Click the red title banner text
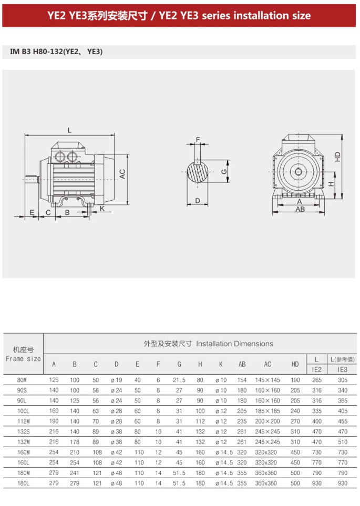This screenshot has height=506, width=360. (179, 15)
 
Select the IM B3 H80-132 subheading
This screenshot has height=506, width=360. (57, 51)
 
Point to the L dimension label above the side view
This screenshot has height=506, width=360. (69, 130)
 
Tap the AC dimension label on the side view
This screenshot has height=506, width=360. (122, 174)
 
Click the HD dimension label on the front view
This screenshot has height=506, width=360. (338, 157)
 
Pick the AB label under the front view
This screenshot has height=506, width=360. (300, 209)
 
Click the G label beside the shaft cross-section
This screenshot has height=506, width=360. (224, 172)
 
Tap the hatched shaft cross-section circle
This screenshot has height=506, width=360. (198, 172)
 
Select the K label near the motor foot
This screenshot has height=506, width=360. (102, 209)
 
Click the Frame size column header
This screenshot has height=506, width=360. (23, 358)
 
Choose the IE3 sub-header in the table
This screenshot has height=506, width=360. (343, 369)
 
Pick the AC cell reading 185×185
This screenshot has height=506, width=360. (268, 411)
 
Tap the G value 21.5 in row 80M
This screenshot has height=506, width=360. (179, 380)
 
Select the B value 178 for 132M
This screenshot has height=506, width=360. (75, 442)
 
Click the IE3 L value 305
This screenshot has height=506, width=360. (343, 380)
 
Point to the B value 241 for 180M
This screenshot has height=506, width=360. (75, 473)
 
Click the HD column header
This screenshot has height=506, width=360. (295, 364)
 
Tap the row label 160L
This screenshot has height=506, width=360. (23, 462)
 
